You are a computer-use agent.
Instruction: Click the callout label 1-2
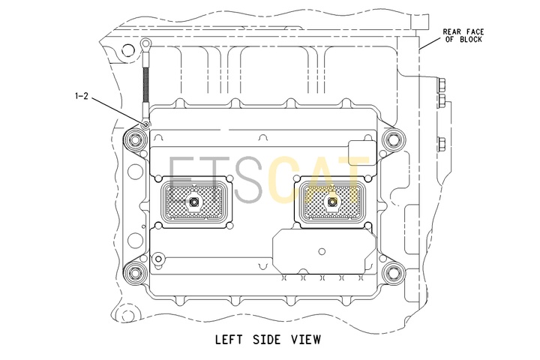[x=82, y=96]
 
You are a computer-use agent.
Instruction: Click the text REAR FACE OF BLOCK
[x=463, y=35]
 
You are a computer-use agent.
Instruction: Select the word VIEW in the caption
[x=306, y=339]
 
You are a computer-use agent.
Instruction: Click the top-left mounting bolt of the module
[x=135, y=140]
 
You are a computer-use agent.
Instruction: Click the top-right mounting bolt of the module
[x=392, y=140]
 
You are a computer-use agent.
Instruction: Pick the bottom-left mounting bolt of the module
[x=135, y=274]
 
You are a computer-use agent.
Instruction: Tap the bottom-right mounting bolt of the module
[x=392, y=274]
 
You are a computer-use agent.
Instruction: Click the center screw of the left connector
[x=194, y=202]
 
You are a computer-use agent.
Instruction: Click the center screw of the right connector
[x=332, y=202]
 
